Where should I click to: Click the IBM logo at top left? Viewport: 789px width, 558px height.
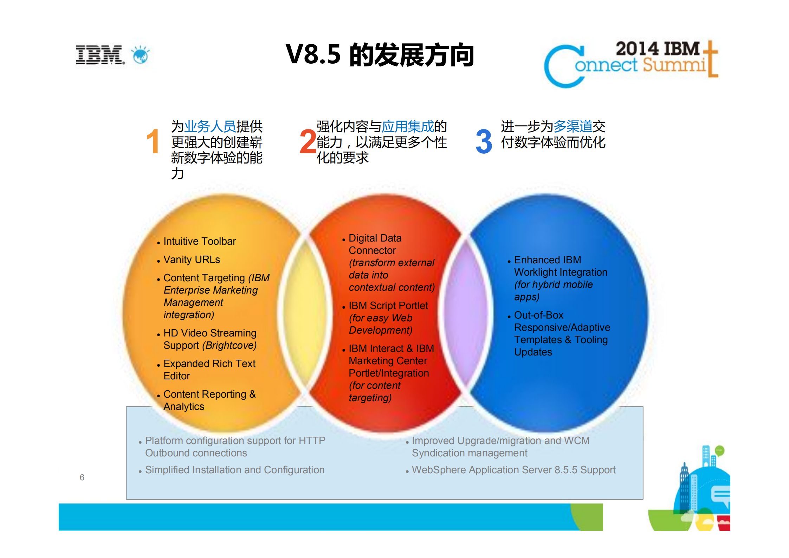100,55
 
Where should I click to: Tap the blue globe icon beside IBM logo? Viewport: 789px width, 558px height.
141,55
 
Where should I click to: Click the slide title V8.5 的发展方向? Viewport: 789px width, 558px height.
380,55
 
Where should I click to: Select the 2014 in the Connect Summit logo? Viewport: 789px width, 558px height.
637,49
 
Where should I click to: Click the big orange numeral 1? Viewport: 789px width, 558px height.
153,141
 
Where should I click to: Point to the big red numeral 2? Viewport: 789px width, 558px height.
308,141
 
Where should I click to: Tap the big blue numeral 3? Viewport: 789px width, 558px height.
484,141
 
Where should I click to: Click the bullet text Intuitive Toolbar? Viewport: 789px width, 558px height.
200,241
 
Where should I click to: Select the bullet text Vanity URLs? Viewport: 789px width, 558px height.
192,259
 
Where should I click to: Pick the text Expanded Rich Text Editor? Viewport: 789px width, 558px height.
209,369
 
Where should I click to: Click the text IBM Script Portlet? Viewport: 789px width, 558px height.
388,306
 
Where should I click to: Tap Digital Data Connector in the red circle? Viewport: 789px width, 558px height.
375,244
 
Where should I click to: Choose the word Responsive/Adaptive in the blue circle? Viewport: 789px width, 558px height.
562,327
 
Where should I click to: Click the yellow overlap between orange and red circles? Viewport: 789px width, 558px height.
305,313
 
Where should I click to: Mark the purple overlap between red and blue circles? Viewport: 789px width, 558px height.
465,313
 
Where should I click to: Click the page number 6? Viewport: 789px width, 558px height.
82,477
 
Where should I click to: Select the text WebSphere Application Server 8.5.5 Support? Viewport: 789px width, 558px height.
513,470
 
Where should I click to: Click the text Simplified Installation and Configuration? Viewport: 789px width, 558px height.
235,470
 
